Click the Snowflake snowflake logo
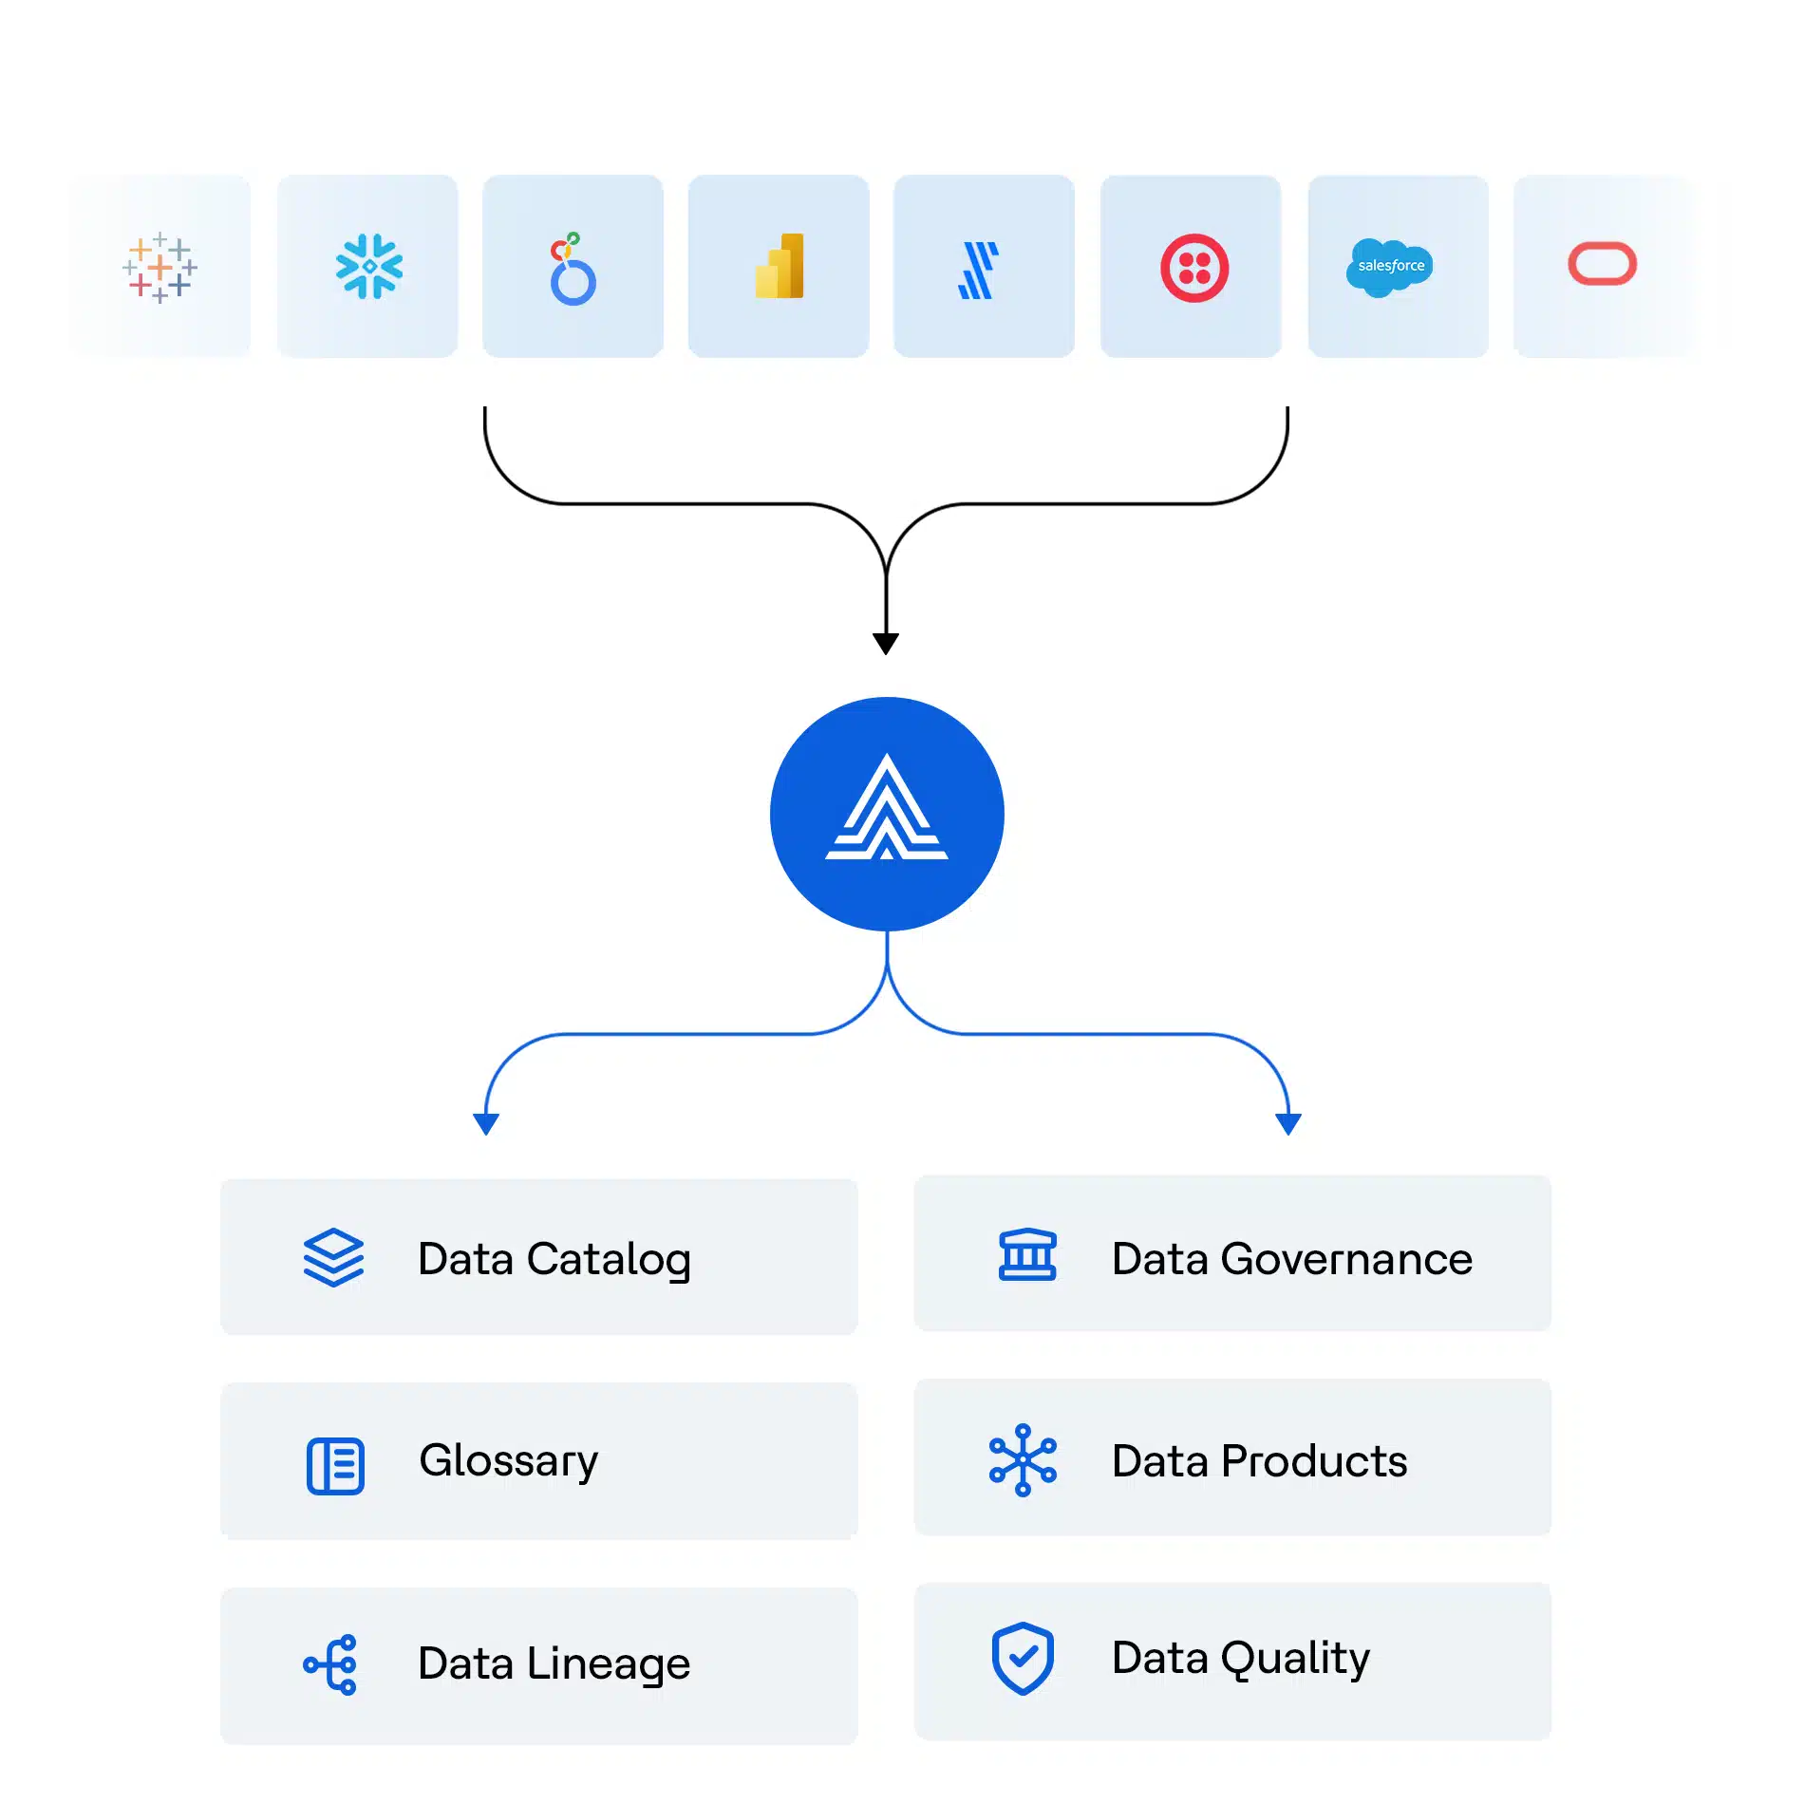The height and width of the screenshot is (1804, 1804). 369,267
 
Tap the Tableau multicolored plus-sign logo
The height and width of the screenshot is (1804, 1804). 160,268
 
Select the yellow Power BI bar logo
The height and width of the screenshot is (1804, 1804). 780,267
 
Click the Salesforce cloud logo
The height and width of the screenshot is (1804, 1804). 1389,267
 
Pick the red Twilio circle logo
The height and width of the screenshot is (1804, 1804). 1193,269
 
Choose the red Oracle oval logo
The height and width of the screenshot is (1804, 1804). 1602,264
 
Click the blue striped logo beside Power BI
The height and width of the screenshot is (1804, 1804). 979,271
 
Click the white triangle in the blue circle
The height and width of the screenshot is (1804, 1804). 887,808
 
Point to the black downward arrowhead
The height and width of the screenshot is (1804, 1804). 886,644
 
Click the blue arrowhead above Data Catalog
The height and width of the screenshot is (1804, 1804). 486,1124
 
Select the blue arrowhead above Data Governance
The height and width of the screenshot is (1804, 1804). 1288,1124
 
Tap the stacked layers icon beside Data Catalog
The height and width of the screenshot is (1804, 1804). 333,1258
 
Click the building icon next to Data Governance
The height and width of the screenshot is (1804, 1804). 1027,1255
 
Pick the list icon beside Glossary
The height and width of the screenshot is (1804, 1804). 335,1466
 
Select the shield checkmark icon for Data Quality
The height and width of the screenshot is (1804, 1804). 1023,1659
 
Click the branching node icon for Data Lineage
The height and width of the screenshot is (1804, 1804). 331,1664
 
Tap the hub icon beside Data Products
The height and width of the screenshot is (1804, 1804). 1023,1460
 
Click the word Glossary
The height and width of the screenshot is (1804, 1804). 509,1461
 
